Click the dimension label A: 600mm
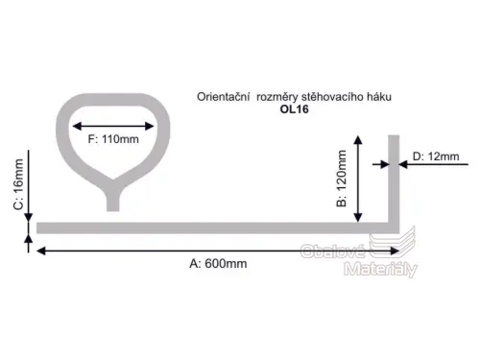pyautogui.click(x=218, y=264)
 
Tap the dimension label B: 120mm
pyautogui.click(x=342, y=179)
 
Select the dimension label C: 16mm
pyautogui.click(x=18, y=184)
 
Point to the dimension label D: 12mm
pyautogui.click(x=436, y=156)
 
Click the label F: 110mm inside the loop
pyautogui.click(x=113, y=139)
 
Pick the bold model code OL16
pyautogui.click(x=295, y=109)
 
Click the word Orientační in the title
pyautogui.click(x=223, y=97)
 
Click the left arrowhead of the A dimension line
pyautogui.click(x=41, y=251)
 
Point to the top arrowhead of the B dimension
pyautogui.click(x=358, y=139)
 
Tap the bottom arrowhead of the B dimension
pyautogui.click(x=358, y=218)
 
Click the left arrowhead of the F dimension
pyautogui.click(x=77, y=126)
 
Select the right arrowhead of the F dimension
pyautogui.click(x=150, y=126)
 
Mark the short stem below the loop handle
pyautogui.click(x=113, y=202)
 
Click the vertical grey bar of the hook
pyautogui.click(x=394, y=180)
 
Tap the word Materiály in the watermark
pyautogui.click(x=381, y=269)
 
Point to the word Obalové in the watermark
pyautogui.click(x=333, y=251)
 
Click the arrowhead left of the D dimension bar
pyautogui.click(x=385, y=164)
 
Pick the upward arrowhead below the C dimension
pyautogui.click(x=29, y=239)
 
